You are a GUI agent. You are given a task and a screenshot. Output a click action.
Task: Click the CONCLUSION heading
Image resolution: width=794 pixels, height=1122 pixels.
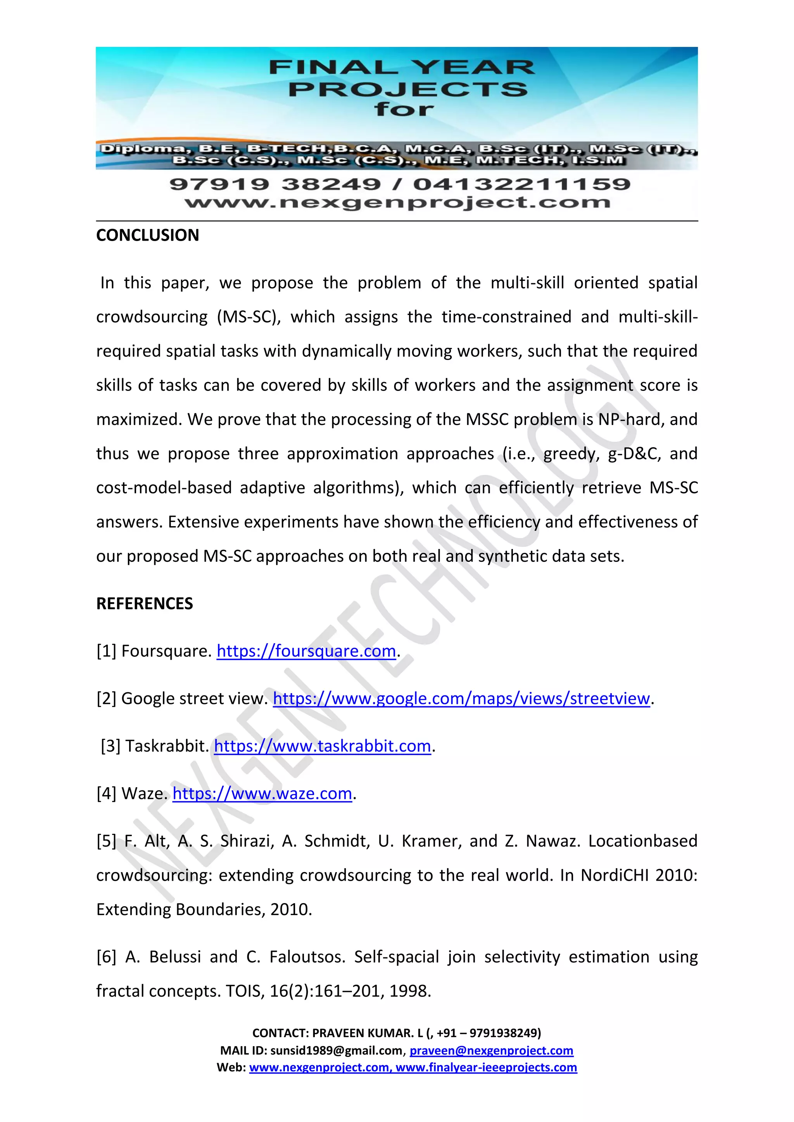[x=147, y=235]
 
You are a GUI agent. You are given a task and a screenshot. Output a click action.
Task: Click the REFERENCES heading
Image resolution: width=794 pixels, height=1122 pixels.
[x=144, y=604]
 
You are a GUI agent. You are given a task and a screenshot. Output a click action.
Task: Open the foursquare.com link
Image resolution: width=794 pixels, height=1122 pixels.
[x=306, y=651]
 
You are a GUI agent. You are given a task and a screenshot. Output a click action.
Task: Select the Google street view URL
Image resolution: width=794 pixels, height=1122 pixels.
[x=461, y=698]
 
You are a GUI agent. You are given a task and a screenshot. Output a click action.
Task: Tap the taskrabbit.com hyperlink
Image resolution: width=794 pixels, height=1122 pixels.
[x=322, y=746]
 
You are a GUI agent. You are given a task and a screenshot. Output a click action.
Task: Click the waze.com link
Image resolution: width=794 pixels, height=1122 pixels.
[x=262, y=793]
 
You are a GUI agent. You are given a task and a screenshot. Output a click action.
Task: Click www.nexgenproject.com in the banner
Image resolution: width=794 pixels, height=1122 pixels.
[x=397, y=202]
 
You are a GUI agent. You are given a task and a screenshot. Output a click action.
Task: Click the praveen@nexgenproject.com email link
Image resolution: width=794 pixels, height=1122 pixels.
[x=491, y=1050]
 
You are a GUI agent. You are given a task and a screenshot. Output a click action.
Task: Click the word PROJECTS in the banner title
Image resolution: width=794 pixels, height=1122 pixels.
[x=408, y=89]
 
